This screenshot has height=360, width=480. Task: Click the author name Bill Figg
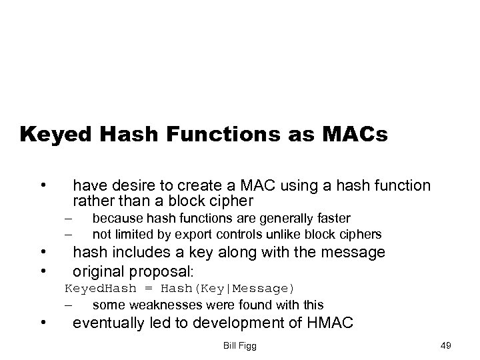click(x=241, y=346)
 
